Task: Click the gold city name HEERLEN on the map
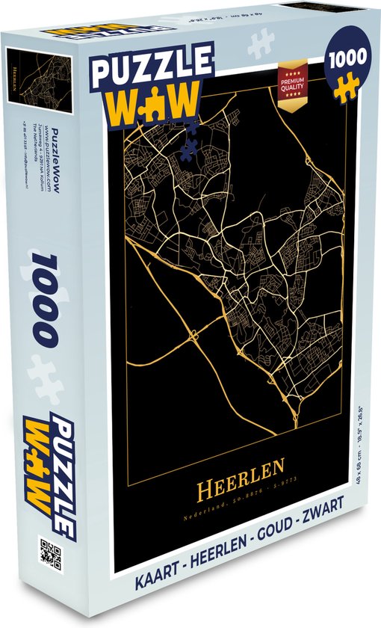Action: [241, 470]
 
